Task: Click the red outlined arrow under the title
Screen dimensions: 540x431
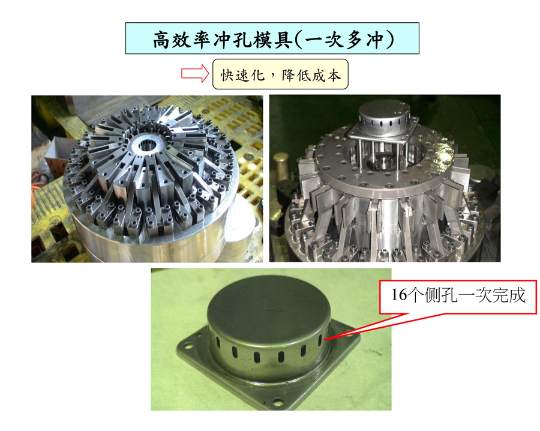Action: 195,73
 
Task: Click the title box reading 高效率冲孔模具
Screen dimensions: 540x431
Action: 272,38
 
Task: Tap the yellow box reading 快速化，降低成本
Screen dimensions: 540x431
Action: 280,74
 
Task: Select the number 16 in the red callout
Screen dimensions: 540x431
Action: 399,295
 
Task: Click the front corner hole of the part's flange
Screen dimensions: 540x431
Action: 277,402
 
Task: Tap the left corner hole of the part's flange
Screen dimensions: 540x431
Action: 189,346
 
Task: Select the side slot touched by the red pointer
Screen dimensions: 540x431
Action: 320,340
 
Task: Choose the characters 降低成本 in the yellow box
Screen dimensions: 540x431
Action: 311,75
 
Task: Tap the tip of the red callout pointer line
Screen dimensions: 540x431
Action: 324,339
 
